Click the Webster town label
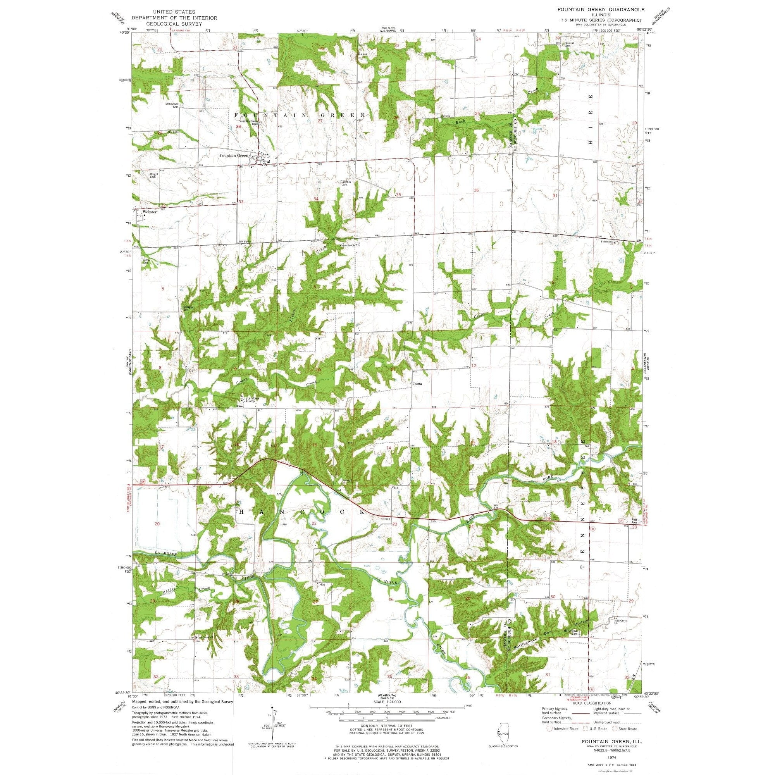[x=150, y=212]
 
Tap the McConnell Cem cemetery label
[x=172, y=105]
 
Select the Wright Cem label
[x=153, y=176]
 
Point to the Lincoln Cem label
[x=346, y=183]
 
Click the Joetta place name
[x=417, y=384]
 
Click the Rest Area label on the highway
[x=634, y=521]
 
